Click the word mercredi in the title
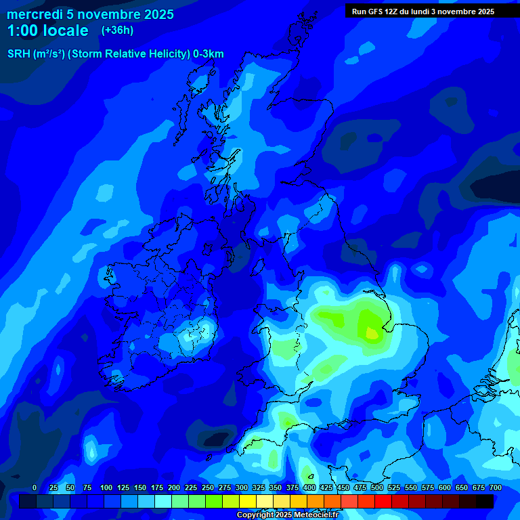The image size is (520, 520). [34, 14]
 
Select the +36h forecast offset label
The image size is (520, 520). [117, 30]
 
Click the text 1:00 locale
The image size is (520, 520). [48, 30]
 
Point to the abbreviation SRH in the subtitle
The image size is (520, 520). [19, 54]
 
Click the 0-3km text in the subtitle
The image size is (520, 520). [208, 54]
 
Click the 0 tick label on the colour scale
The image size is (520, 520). [35, 487]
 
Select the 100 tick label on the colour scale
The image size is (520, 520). [106, 487]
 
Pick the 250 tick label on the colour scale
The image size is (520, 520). [208, 487]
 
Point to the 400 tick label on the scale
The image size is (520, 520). [309, 487]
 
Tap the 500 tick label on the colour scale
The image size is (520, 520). [377, 487]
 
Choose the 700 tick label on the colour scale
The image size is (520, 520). [496, 487]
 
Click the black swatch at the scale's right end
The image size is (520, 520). [485, 501]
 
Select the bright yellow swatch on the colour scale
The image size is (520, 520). [248, 501]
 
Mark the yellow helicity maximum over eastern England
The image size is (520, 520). [372, 332]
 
